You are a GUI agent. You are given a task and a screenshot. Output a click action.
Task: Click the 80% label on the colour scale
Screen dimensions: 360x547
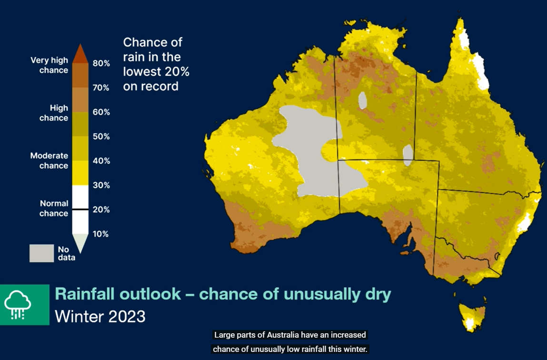pyautogui.click(x=101, y=63)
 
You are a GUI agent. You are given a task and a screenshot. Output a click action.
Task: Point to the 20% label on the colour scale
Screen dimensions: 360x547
pyautogui.click(x=101, y=210)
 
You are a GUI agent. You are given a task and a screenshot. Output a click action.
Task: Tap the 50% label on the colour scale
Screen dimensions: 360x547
pyautogui.click(x=101, y=137)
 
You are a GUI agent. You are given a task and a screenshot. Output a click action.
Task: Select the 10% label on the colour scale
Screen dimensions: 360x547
pyautogui.click(x=101, y=234)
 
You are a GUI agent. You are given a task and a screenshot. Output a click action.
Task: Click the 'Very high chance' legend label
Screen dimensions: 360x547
pyautogui.click(x=49, y=65)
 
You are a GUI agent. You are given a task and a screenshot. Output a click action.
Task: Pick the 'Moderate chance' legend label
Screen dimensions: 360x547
pyautogui.click(x=49, y=160)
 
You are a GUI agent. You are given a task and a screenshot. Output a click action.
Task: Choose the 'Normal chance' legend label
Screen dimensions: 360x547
pyautogui.click(x=53, y=208)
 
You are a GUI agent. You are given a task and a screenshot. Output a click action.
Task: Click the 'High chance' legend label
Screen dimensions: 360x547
pyautogui.click(x=53, y=113)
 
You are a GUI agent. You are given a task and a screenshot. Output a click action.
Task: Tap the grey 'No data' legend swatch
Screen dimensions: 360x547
pyautogui.click(x=41, y=253)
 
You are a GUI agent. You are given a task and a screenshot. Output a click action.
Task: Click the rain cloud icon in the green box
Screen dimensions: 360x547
pyautogui.click(x=18, y=304)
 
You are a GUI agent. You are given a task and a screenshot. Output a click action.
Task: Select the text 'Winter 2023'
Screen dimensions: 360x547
pyautogui.click(x=100, y=316)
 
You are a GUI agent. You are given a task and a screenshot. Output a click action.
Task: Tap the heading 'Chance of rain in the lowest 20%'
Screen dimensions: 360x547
pyautogui.click(x=156, y=64)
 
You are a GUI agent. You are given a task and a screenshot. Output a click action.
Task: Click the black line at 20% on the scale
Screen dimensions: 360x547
pyautogui.click(x=80, y=209)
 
